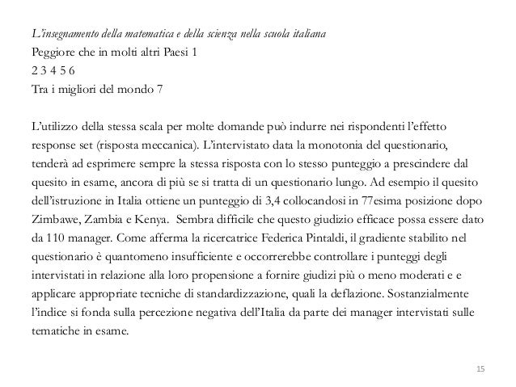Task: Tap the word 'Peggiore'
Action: (47, 54)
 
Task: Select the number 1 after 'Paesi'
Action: (192, 54)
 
